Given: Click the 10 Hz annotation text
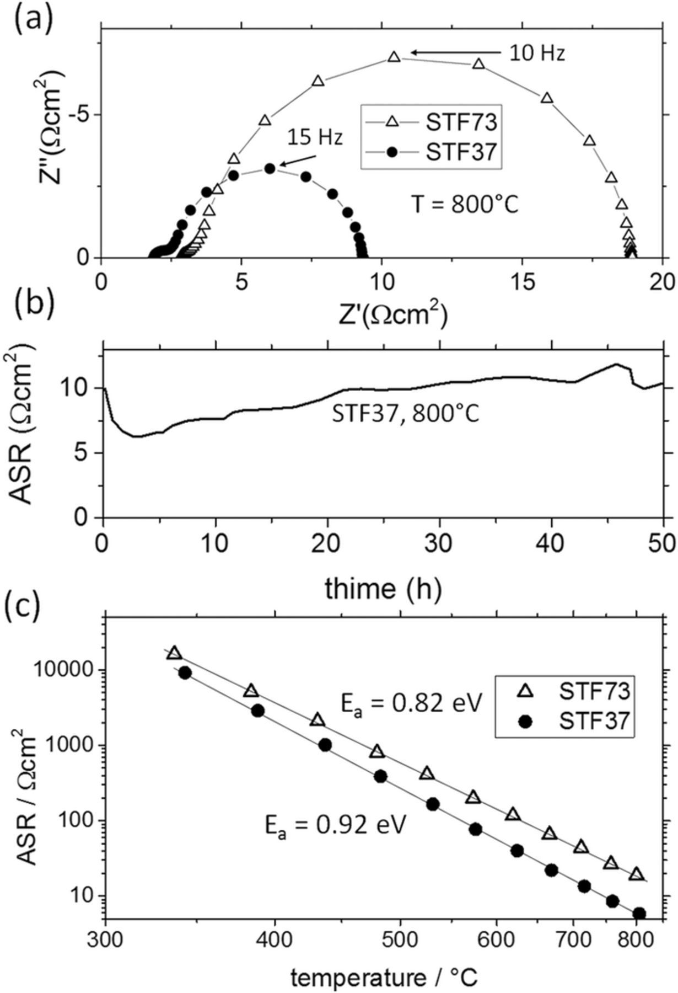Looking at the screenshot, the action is click(x=536, y=54).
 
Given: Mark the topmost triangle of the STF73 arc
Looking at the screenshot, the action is click(x=394, y=57).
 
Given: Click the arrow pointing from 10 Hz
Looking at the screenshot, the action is click(x=455, y=52).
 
